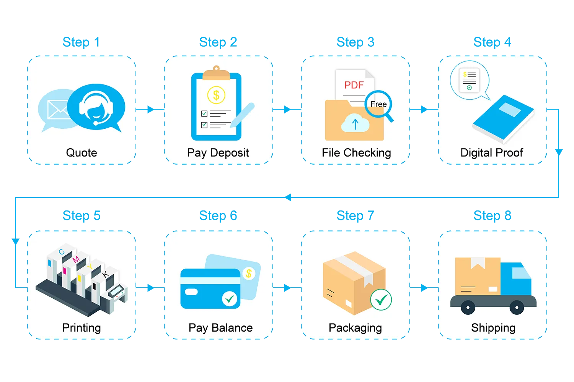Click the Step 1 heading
[81, 42]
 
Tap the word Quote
[82, 153]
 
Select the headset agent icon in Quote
[96, 107]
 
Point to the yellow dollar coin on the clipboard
[216, 95]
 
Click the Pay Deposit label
[218, 153]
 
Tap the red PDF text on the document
[354, 85]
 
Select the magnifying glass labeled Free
[378, 104]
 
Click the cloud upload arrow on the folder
[355, 124]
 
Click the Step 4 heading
[492, 42]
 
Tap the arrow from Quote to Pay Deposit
[151, 110]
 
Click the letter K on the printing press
[106, 274]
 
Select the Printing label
[82, 328]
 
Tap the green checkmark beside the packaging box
[381, 300]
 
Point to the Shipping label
[493, 328]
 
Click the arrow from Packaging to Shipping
[424, 288]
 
